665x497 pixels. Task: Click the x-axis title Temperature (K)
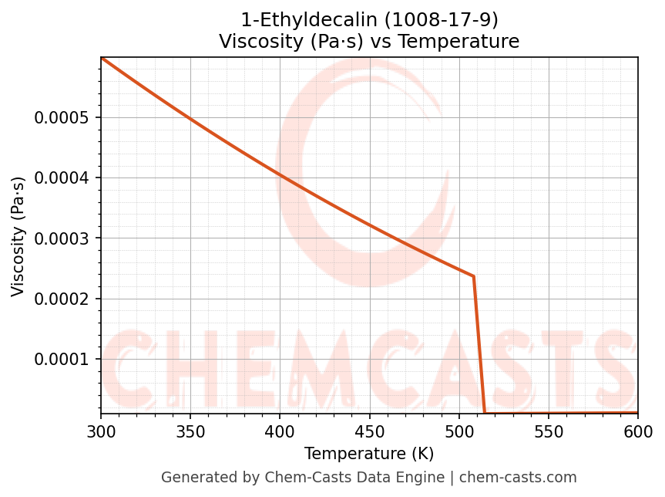click(369, 454)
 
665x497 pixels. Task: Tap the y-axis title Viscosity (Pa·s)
click(18, 237)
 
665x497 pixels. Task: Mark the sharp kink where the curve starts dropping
click(473, 276)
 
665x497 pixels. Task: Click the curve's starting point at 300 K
click(102, 58)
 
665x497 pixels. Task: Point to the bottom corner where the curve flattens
click(485, 413)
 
